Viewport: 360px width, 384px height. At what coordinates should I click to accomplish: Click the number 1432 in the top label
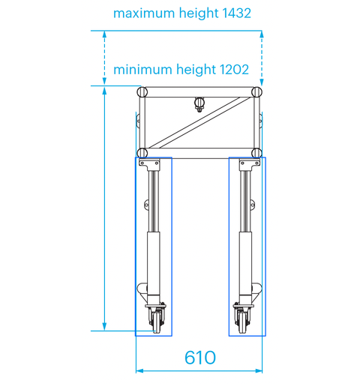tap(231, 13)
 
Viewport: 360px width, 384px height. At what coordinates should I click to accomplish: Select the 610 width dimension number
tap(199, 358)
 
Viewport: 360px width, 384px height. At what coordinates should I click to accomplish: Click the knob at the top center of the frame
tap(199, 103)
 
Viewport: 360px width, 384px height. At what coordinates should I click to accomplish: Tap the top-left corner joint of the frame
tap(142, 91)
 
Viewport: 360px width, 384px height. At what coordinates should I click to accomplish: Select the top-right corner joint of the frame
tap(256, 91)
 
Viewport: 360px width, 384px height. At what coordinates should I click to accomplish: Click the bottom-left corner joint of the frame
tap(142, 152)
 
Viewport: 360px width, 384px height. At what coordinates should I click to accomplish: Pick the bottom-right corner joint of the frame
tap(256, 152)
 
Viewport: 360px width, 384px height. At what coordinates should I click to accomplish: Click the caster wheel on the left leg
tap(157, 320)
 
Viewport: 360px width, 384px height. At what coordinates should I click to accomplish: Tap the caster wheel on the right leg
tap(243, 320)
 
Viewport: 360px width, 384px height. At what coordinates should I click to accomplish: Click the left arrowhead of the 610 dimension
tap(139, 370)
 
